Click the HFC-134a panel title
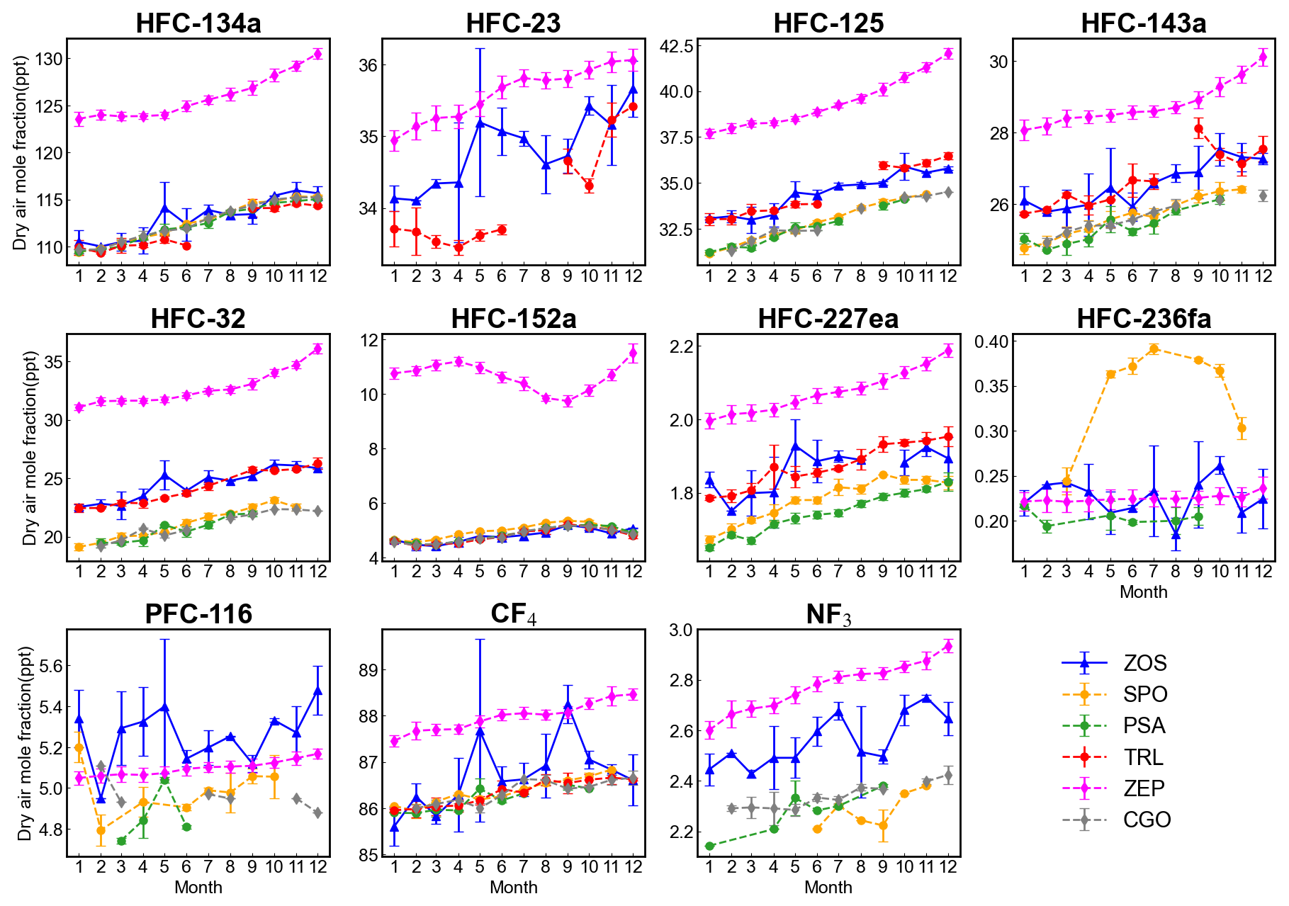pyautogui.click(x=198, y=23)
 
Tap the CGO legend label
pyautogui.click(x=1147, y=820)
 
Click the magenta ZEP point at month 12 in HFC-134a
pyautogui.click(x=318, y=53)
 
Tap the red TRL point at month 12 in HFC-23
pyautogui.click(x=633, y=107)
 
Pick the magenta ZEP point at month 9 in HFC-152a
pyautogui.click(x=567, y=401)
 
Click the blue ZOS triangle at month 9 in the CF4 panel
pyautogui.click(x=568, y=706)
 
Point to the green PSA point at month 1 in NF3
pyautogui.click(x=709, y=846)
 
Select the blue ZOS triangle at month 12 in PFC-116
pyautogui.click(x=318, y=690)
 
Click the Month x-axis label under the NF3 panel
pyautogui.click(x=828, y=887)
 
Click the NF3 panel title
pyautogui.click(x=828, y=614)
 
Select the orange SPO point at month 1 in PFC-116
pyautogui.click(x=79, y=747)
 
